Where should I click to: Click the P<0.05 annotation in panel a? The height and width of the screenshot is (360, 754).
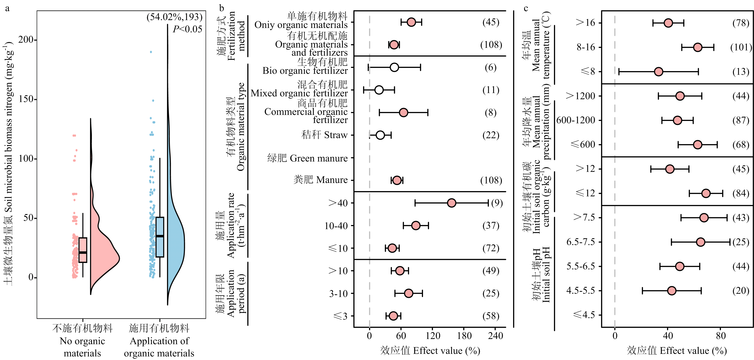[x=187, y=29]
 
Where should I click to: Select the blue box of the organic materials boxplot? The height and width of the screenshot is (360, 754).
[x=160, y=237]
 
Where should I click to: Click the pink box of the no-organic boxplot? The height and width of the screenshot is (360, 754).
[x=83, y=250]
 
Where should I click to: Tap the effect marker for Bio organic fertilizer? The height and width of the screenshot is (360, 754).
[x=394, y=67]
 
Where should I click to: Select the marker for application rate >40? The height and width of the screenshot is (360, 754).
[x=452, y=203]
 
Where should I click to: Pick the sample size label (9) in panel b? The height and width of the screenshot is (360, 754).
[x=497, y=203]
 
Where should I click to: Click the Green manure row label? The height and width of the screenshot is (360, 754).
[x=307, y=158]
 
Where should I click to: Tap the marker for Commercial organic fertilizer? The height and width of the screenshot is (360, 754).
[x=403, y=113]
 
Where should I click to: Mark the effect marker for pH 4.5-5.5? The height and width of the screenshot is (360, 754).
[x=672, y=291]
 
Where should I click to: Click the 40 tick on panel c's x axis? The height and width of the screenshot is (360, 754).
[x=668, y=336]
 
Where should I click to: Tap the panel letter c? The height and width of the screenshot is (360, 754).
[x=526, y=8]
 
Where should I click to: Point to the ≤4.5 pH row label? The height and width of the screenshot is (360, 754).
[x=584, y=315]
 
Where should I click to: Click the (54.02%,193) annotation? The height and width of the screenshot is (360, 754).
[x=174, y=17]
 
